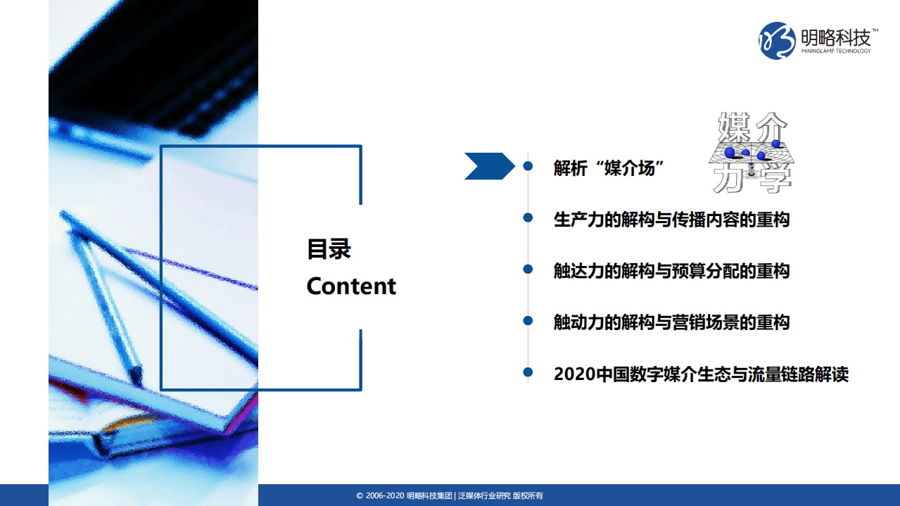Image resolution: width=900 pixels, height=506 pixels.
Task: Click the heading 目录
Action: pos(329,249)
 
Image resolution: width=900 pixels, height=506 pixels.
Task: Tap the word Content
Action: pos(351,286)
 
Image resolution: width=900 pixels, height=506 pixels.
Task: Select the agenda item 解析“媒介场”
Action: pos(609,168)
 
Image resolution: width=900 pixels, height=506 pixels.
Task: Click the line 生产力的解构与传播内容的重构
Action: pos(671,220)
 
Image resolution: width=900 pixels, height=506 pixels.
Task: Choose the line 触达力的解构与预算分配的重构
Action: pos(671,271)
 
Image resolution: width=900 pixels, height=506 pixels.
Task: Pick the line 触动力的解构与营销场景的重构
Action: pos(671,322)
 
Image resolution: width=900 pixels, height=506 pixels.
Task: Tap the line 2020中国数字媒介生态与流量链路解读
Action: pos(701,374)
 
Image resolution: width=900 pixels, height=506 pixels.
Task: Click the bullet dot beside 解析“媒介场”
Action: pos(528,167)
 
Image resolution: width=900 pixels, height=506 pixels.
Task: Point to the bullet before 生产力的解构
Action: pos(528,218)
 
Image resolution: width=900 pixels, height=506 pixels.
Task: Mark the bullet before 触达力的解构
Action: pos(528,270)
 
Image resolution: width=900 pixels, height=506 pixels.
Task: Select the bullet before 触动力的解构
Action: pos(528,321)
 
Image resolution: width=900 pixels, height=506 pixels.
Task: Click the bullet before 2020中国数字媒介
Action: pos(528,372)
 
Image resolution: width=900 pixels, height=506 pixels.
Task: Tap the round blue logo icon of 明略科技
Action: pos(777,40)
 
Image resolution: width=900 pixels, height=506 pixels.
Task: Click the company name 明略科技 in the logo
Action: pos(835,36)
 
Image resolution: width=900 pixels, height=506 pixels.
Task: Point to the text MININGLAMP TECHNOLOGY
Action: pos(836,51)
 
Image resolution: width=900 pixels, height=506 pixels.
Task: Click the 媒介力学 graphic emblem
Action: pos(750,152)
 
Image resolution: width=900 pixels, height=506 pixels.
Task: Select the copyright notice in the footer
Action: pos(449,496)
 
